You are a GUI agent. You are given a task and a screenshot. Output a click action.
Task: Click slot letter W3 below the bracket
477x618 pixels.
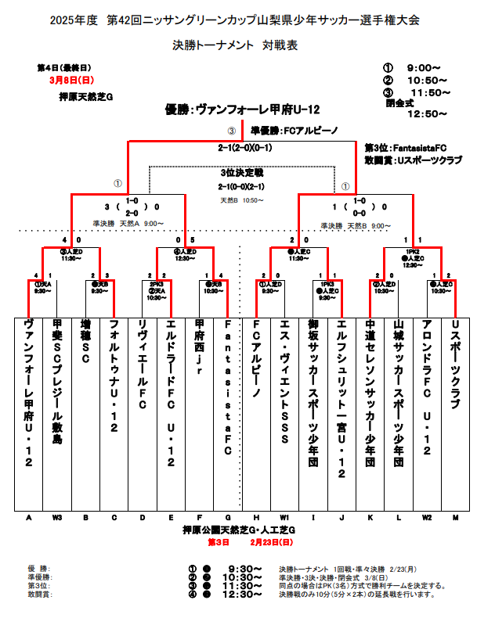point(57,518)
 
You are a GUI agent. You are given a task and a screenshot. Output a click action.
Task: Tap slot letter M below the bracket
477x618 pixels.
point(455,518)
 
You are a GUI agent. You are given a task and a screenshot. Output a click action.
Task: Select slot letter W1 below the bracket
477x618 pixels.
point(284,518)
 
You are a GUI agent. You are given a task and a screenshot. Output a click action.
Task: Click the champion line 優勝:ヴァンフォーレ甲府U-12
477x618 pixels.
point(243,110)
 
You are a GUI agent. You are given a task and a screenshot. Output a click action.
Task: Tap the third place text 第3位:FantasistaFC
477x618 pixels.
point(406,147)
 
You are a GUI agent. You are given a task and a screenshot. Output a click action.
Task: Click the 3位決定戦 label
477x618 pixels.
point(242,172)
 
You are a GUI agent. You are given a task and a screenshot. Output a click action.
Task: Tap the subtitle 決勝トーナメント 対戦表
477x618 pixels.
point(235,46)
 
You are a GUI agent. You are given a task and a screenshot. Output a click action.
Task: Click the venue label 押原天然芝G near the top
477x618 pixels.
point(87,97)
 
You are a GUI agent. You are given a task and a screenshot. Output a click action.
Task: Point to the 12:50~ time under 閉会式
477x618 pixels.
point(426,113)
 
